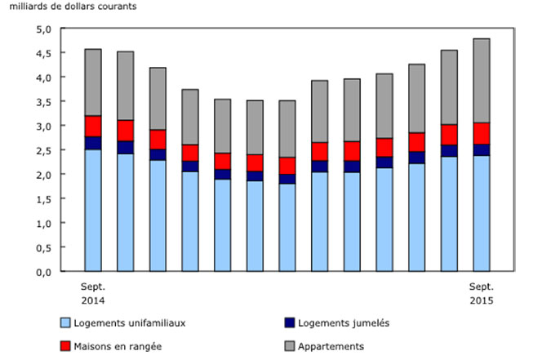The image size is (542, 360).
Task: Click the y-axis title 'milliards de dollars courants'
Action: tap(61, 7)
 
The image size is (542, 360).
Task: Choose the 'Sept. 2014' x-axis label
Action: tap(93, 294)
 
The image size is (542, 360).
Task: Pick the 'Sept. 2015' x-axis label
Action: tap(481, 294)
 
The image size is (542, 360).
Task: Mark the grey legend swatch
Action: tap(291, 346)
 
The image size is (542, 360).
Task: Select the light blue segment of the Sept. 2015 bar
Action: tap(481, 213)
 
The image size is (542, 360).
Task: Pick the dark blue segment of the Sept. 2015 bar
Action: tap(481, 150)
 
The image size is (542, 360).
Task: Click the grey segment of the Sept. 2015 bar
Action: tap(481, 81)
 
